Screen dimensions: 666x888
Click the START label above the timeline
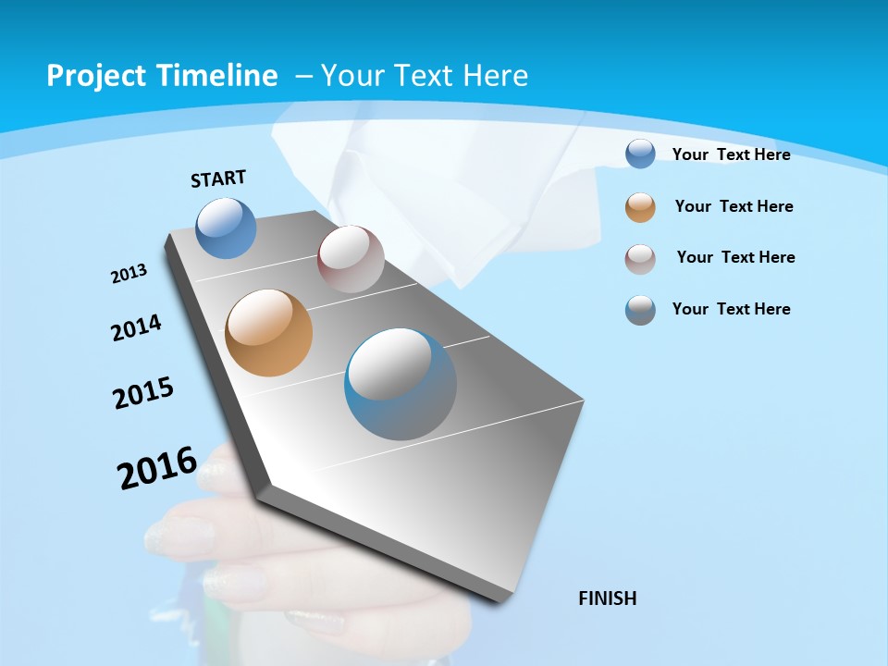[218, 179]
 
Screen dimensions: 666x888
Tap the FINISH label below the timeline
[608, 598]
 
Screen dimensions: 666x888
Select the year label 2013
[129, 274]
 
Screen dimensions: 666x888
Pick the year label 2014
[136, 327]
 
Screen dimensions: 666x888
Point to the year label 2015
[143, 393]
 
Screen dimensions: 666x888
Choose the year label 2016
[157, 468]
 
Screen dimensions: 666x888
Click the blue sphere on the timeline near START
[227, 228]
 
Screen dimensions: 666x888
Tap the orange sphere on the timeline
[269, 333]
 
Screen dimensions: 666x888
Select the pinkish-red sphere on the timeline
[351, 259]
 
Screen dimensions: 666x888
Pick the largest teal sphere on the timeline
[401, 384]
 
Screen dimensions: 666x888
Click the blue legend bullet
[640, 154]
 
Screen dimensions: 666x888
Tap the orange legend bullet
[640, 207]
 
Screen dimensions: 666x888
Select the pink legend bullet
[640, 259]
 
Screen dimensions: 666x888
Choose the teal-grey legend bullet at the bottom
[640, 310]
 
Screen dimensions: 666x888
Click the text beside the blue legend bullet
[731, 154]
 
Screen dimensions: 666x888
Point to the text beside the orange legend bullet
[734, 206]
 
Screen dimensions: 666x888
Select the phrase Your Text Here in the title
[425, 76]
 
